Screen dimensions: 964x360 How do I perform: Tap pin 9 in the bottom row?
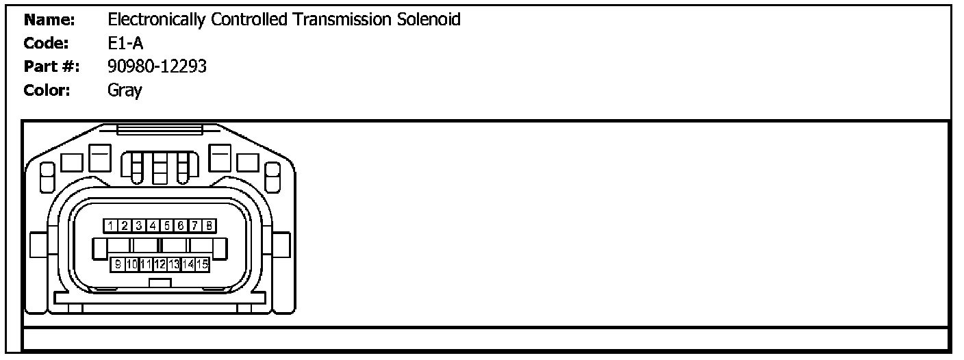[118, 263]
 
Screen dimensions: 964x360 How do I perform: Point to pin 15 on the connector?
[203, 263]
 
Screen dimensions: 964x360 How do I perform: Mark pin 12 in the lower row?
[160, 263]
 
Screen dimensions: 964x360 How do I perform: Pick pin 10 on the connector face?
[132, 263]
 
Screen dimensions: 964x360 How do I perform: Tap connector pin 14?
[188, 263]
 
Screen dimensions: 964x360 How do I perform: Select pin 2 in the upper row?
[125, 225]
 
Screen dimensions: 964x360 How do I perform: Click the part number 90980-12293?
[157, 66]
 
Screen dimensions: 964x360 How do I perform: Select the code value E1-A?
[125, 43]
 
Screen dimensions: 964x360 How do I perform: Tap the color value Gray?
[125, 90]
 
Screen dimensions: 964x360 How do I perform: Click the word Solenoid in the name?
[429, 20]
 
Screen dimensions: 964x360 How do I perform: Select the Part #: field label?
[51, 66]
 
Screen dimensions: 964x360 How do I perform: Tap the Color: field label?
[47, 90]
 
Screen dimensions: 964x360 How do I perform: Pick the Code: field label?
[47, 43]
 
